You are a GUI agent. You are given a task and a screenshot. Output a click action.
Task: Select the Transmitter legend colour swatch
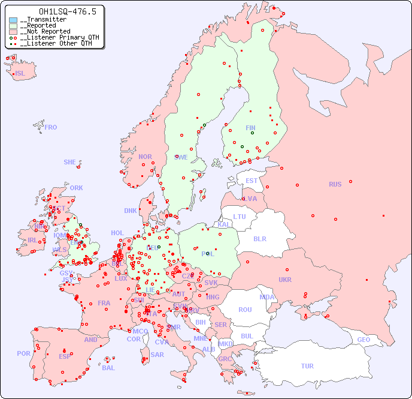click(13, 20)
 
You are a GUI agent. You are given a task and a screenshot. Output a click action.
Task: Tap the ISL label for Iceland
click(20, 74)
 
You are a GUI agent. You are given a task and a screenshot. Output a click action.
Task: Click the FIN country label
click(250, 128)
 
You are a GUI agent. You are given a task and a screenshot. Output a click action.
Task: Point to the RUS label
click(335, 184)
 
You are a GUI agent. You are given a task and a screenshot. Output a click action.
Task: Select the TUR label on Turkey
click(307, 366)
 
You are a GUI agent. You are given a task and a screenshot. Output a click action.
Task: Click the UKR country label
click(285, 280)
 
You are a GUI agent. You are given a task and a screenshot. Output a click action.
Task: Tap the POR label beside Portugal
click(23, 353)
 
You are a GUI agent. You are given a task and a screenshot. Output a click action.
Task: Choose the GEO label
click(363, 340)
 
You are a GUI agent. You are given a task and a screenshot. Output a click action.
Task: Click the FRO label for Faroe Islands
click(51, 127)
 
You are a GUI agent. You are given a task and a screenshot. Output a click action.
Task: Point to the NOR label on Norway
click(145, 157)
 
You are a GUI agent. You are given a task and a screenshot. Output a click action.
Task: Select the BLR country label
click(260, 238)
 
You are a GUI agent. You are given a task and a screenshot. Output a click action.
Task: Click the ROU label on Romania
click(245, 310)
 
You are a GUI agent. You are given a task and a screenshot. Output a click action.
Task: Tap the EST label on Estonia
click(252, 181)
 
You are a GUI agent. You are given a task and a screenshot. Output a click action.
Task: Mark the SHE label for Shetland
click(70, 162)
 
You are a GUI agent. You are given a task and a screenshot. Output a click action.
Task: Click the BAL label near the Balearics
click(108, 368)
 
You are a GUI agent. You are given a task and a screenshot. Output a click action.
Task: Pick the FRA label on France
click(104, 303)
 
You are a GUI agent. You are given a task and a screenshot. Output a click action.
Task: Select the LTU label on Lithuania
click(240, 217)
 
